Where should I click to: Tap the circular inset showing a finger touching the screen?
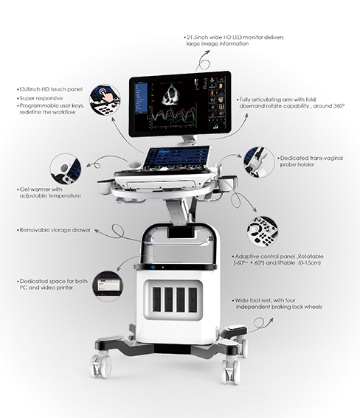click(x=105, y=100)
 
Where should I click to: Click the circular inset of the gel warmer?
click(x=66, y=169)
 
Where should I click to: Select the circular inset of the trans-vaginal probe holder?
click(x=259, y=162)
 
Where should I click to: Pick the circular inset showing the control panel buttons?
click(x=263, y=231)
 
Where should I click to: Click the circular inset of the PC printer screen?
click(x=108, y=286)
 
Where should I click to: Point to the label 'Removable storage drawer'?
click(x=55, y=230)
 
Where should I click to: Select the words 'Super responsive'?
click(x=41, y=98)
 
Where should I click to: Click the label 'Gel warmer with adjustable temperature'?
click(x=50, y=192)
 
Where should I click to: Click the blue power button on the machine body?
click(x=153, y=267)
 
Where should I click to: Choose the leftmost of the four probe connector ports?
click(x=156, y=299)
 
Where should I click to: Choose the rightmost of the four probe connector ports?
click(x=193, y=299)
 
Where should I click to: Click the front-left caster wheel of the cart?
click(x=101, y=366)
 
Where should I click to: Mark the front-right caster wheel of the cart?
click(x=231, y=372)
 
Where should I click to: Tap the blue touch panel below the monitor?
click(x=176, y=157)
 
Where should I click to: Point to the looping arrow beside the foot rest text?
click(x=260, y=324)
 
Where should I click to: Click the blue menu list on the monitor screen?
click(x=141, y=97)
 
